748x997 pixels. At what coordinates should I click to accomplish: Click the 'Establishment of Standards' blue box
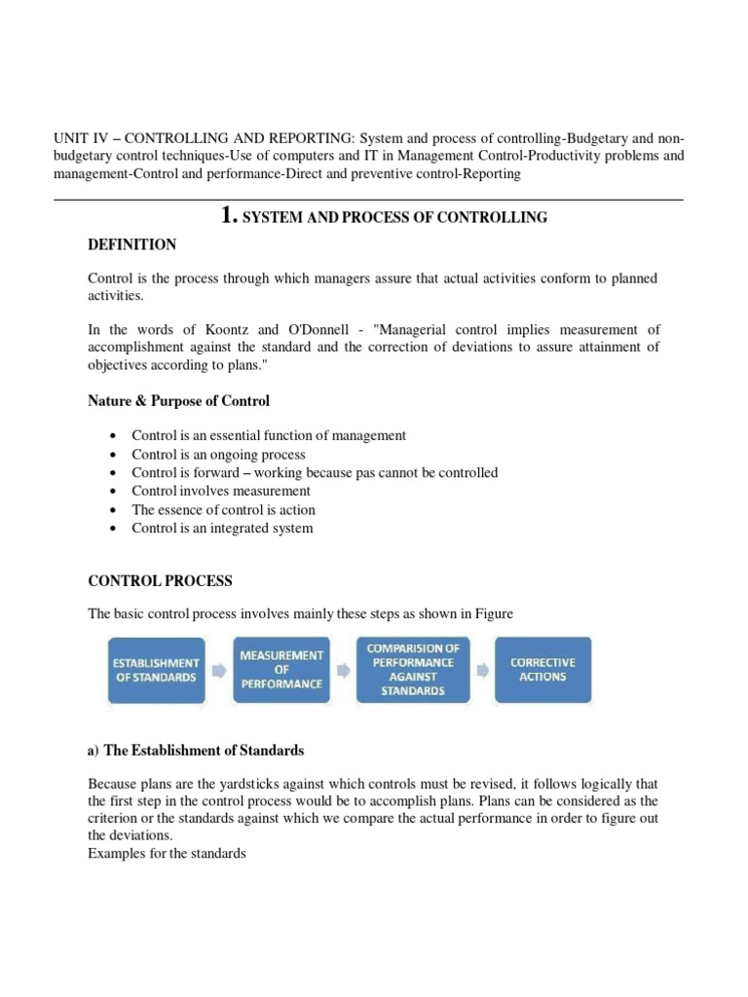(x=157, y=669)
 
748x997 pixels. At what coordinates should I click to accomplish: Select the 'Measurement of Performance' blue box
(x=281, y=669)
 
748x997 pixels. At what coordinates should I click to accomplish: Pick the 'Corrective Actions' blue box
(x=542, y=669)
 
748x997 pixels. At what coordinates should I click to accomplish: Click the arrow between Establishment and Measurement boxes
(x=219, y=670)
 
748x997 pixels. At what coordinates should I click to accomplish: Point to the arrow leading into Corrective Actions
(x=480, y=670)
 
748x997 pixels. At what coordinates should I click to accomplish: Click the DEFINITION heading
(x=132, y=244)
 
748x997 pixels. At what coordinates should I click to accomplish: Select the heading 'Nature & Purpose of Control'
(x=179, y=400)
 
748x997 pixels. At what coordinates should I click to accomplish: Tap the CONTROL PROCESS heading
(x=161, y=581)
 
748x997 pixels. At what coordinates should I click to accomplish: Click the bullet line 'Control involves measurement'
(x=221, y=491)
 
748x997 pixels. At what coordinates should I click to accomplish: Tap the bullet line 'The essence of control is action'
(x=224, y=509)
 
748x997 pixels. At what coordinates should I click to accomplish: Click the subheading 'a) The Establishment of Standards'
(x=196, y=751)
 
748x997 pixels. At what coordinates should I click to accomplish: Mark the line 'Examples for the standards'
(x=167, y=854)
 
